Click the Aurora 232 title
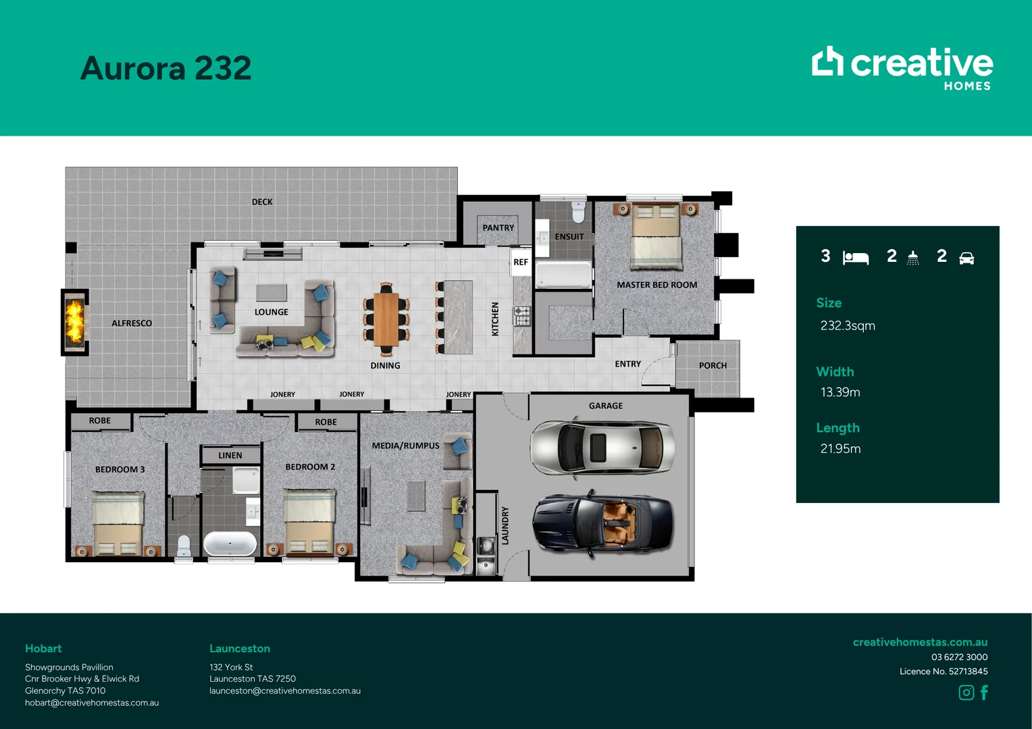[166, 68]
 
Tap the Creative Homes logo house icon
[827, 61]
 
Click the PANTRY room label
[498, 227]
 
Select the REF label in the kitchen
[521, 262]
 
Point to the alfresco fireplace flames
[74, 321]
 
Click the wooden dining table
[386, 319]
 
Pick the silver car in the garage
[602, 448]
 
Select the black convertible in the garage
[602, 524]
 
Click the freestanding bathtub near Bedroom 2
[230, 544]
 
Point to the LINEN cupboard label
[230, 455]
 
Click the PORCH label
[713, 365]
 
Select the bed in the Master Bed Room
[656, 236]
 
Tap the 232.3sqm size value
[848, 325]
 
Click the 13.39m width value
[840, 392]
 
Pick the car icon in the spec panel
[966, 258]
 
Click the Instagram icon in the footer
[966, 692]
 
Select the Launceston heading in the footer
[240, 649]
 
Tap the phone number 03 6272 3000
[959, 657]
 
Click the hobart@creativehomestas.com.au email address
[92, 703]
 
